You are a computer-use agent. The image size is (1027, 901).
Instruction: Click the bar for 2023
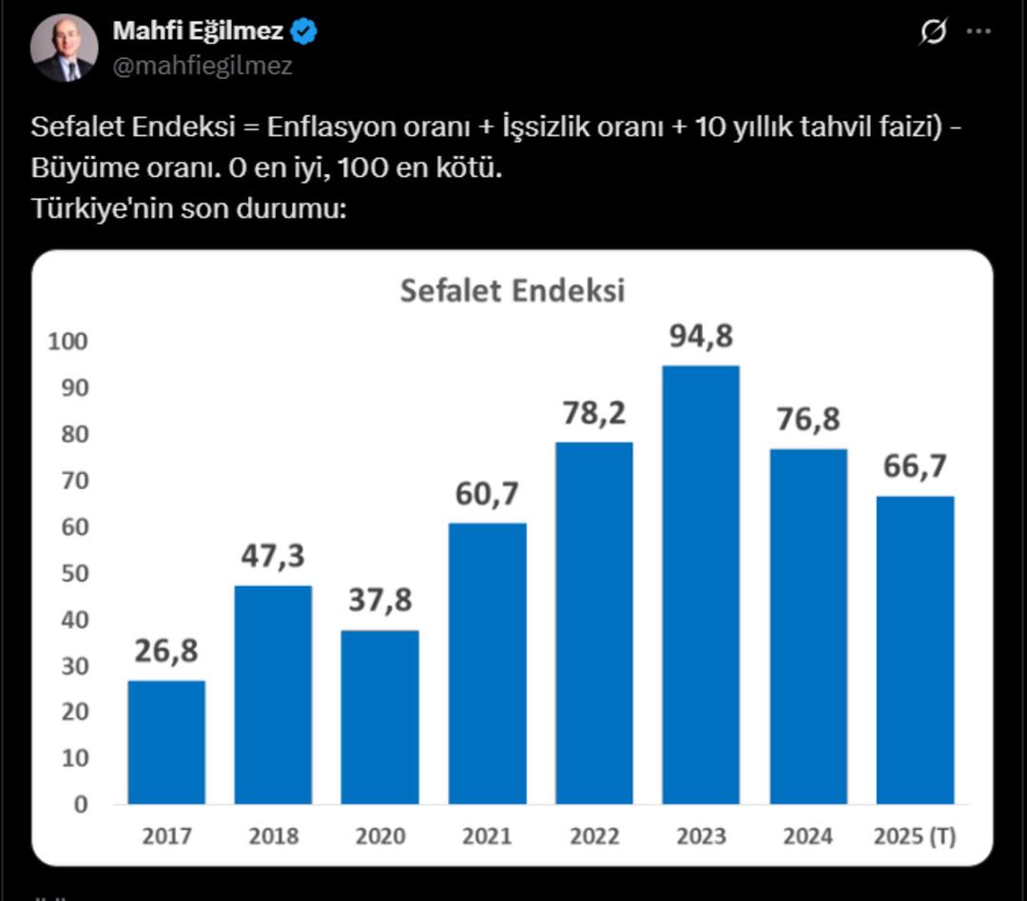(701, 584)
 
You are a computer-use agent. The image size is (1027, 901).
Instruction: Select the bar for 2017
(166, 742)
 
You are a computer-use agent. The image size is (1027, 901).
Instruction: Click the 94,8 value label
(701, 337)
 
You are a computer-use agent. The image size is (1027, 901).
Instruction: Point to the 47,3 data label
(273, 557)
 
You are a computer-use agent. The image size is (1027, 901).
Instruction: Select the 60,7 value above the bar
(487, 495)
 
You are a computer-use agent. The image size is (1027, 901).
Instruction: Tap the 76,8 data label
(807, 421)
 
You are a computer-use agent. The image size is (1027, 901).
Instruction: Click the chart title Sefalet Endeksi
(513, 290)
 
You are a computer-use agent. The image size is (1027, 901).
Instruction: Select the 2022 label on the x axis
(594, 836)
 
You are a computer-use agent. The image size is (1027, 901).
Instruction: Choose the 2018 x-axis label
(273, 836)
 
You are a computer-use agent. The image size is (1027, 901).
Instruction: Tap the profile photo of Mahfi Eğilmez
(65, 48)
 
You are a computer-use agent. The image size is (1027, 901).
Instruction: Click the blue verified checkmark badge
(304, 31)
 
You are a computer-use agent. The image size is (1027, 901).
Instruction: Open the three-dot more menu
(979, 31)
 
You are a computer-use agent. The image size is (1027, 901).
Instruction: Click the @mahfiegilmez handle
(203, 66)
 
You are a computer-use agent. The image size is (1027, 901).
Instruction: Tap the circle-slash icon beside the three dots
(933, 31)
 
